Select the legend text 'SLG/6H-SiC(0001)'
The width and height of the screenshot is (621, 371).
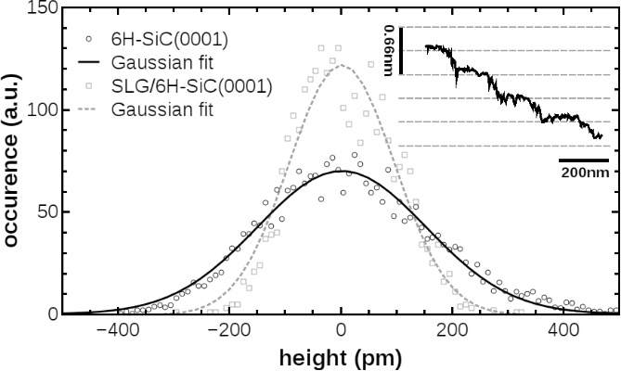coord(191,86)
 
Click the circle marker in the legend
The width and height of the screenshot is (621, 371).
coord(87,40)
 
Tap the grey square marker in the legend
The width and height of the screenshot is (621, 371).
coord(87,86)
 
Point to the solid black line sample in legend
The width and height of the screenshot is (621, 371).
coord(87,63)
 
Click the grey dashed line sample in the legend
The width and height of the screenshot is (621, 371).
coord(87,109)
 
